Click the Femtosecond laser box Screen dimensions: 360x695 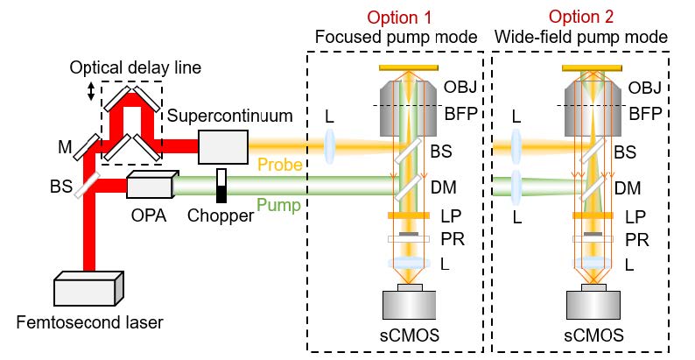coord(88,290)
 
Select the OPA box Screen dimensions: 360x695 coord(148,185)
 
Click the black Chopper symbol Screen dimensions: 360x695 coord(221,185)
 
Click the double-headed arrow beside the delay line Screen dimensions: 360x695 coord(90,92)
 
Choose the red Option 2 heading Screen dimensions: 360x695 coord(581,18)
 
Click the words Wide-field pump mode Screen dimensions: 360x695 coord(581,37)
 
